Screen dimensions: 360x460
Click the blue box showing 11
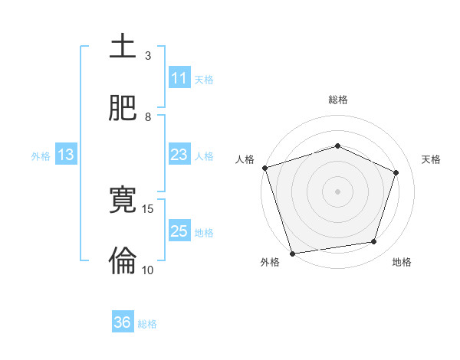point(179,78)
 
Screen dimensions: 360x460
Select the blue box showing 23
point(179,155)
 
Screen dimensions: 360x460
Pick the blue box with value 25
point(179,232)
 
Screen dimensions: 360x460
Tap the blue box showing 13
point(66,155)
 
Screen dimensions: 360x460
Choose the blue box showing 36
point(123,323)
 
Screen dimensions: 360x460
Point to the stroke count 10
point(148,270)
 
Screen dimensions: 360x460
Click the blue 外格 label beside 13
point(41,156)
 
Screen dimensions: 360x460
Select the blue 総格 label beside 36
point(147,324)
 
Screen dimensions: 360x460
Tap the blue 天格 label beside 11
point(204,79)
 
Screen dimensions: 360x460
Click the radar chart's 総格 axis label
point(338,100)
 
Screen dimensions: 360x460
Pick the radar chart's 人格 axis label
point(245,159)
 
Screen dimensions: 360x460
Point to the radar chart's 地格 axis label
point(402,262)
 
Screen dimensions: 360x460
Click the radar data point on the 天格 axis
point(396,172)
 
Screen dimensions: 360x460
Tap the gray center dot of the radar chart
point(337,191)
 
